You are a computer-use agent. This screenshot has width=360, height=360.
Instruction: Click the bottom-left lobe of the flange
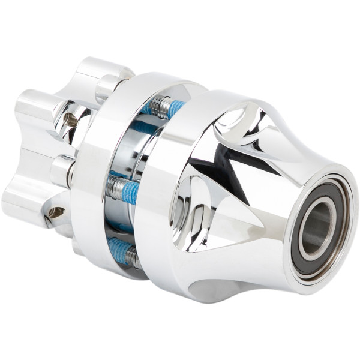pos(24,201)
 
